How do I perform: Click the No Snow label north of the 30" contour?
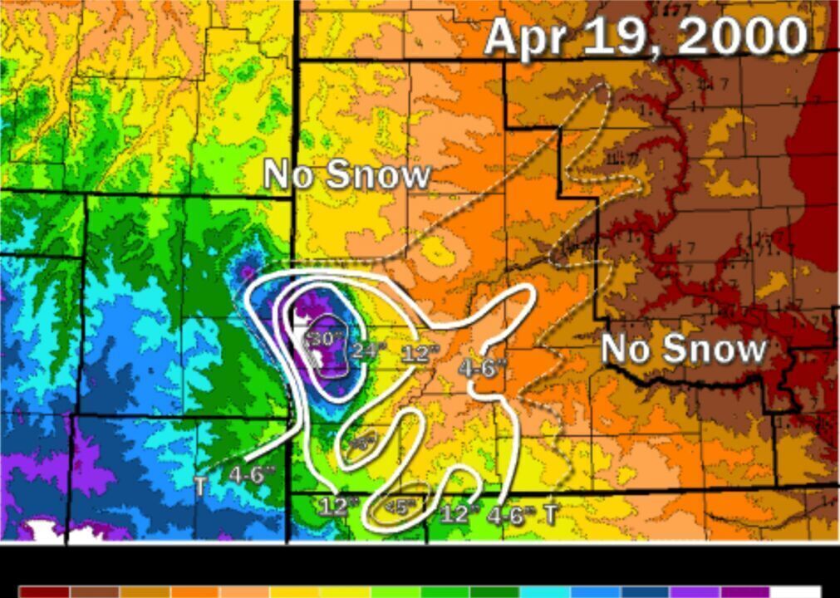coord(347,174)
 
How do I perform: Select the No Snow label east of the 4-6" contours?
coord(683,348)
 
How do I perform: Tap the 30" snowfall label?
coord(324,340)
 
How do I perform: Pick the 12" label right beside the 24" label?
coord(420,354)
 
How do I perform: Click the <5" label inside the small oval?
coord(405,504)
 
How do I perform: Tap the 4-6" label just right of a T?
coord(252,476)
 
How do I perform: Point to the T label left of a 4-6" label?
coord(202,483)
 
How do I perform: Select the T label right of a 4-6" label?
coord(549,514)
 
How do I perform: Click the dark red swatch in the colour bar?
coord(45,592)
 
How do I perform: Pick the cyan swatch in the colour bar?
coord(545,592)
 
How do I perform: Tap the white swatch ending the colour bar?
coord(795,592)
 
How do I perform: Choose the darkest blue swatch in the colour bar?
coord(645,592)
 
